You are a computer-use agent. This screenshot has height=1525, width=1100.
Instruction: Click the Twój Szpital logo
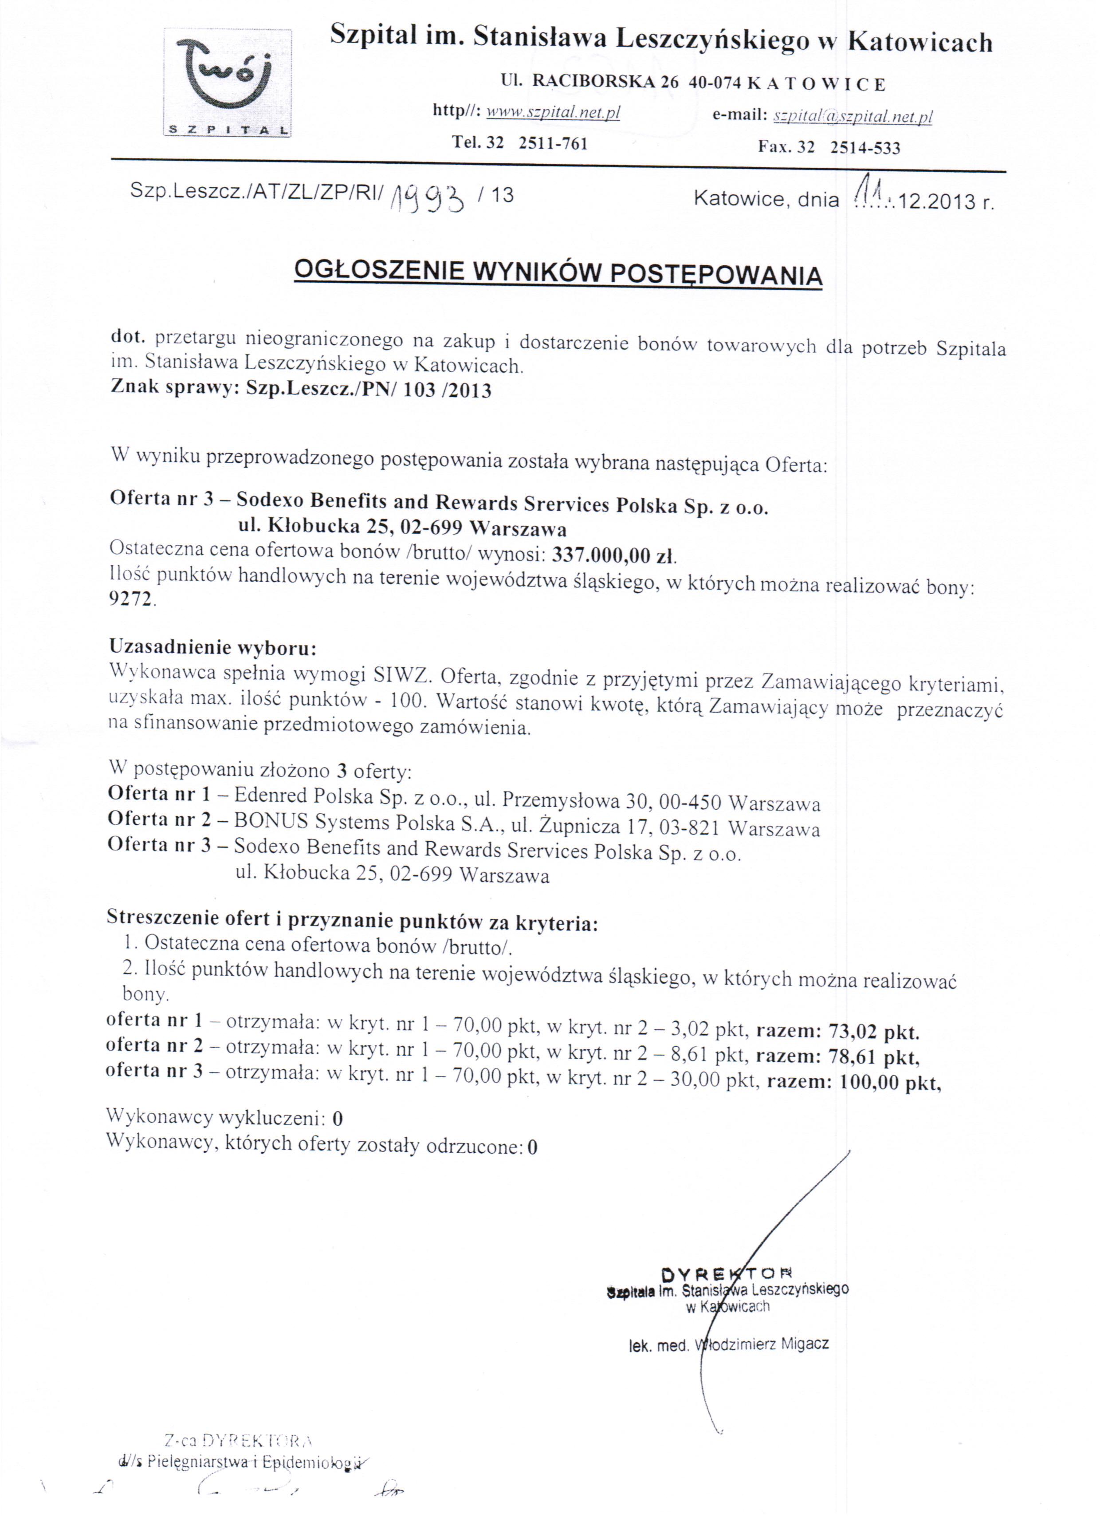[x=227, y=83]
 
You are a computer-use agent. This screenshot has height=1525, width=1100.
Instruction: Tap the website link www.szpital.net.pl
[x=553, y=113]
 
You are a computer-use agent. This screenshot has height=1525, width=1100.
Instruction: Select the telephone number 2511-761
[x=553, y=143]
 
